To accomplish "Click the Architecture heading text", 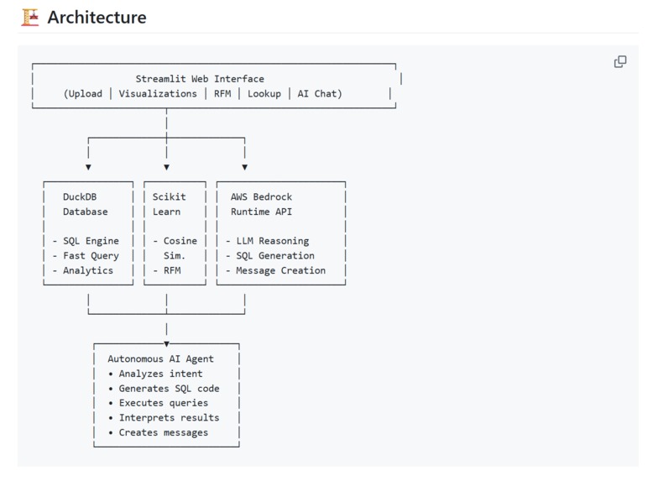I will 97,17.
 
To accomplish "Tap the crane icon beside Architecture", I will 30,17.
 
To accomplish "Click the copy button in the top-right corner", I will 620,61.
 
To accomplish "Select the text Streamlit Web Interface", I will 200,79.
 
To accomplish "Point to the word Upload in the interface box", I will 85,94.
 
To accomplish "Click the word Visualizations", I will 158,94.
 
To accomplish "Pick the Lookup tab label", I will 264,94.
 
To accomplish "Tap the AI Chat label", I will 319,94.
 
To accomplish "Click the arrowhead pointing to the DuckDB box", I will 88,167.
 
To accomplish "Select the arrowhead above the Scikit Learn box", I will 166,167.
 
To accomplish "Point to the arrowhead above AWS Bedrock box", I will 244,167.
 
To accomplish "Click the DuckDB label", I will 80,197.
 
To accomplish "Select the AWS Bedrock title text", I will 261,197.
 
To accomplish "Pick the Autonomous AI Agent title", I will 160,359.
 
